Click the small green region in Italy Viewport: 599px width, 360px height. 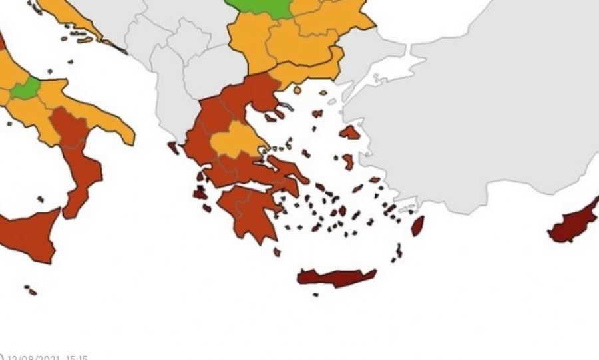(x=25, y=88)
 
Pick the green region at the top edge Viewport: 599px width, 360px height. (x=263, y=7)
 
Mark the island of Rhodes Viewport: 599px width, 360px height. (x=418, y=226)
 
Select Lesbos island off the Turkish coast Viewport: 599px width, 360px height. (x=349, y=132)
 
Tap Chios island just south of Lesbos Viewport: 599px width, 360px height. (x=347, y=162)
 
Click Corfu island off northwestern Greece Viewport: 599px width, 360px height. (x=174, y=148)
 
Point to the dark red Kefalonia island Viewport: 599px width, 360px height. (x=200, y=194)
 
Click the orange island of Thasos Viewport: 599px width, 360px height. (x=298, y=90)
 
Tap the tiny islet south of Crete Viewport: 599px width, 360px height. (x=315, y=295)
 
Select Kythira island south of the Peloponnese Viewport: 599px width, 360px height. (x=277, y=252)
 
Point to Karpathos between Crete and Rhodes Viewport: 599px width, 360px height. (x=399, y=251)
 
